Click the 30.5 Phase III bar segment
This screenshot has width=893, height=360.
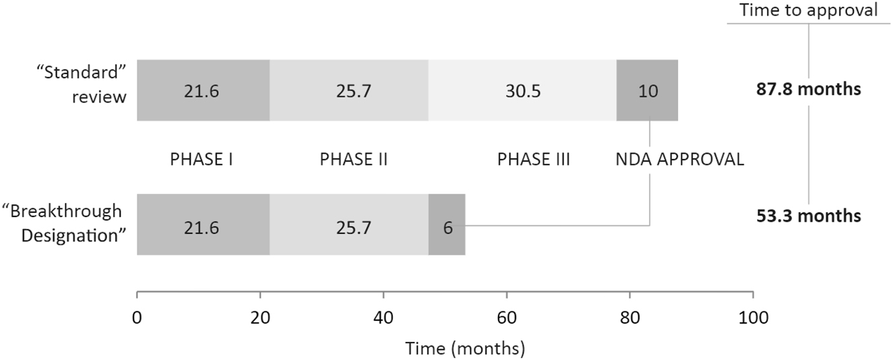(522, 90)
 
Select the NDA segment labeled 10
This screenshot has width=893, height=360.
(647, 90)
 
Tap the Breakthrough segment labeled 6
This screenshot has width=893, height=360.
(447, 224)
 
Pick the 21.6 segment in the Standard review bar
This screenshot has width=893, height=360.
(204, 90)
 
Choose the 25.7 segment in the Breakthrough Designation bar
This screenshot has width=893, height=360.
(349, 224)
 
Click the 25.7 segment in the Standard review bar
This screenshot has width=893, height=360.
(349, 90)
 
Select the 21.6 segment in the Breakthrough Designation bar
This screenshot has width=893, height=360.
(204, 224)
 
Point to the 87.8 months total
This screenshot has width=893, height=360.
(808, 90)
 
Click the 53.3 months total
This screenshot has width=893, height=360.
(808, 216)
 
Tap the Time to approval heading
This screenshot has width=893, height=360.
(808, 10)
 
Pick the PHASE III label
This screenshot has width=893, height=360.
(534, 160)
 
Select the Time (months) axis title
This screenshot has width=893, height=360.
(464, 349)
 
